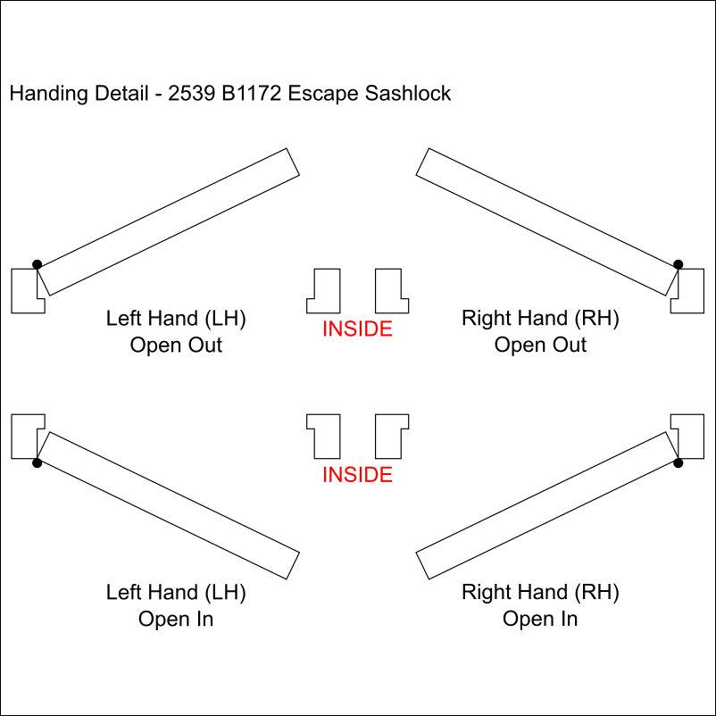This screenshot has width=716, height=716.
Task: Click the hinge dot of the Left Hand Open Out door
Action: click(x=37, y=264)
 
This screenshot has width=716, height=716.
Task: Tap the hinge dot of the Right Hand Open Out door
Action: click(x=678, y=264)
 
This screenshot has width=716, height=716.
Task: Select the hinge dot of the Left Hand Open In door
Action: click(x=37, y=462)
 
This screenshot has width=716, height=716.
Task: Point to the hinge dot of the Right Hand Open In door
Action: click(x=678, y=462)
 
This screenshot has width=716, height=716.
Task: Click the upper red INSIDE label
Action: click(x=357, y=329)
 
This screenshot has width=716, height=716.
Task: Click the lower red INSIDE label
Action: click(x=357, y=474)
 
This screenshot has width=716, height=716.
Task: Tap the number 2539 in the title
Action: click(x=191, y=94)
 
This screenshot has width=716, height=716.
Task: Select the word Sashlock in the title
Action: click(x=407, y=94)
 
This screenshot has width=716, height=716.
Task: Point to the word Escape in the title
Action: click(x=325, y=94)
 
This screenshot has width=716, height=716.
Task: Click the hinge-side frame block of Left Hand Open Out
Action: click(x=22, y=291)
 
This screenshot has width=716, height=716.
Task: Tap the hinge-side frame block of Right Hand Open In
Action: click(x=690, y=436)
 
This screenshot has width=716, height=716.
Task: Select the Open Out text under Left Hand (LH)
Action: click(x=176, y=346)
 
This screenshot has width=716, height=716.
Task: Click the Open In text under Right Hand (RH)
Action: click(x=540, y=619)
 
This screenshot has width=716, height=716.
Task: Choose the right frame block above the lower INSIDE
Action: click(x=390, y=436)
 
